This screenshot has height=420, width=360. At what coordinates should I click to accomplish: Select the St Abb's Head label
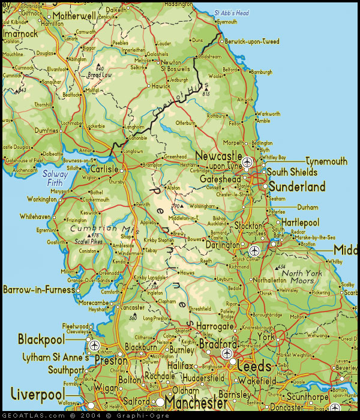point(232,13)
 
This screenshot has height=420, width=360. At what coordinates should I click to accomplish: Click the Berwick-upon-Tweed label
point(251,41)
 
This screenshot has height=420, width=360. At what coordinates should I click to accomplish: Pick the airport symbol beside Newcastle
point(247,161)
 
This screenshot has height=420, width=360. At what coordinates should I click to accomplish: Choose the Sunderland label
point(296,187)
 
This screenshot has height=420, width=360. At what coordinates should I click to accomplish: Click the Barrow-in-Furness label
point(38,290)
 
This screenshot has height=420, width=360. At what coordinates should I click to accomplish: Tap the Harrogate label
point(214,326)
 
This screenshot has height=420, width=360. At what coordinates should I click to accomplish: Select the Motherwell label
point(74,16)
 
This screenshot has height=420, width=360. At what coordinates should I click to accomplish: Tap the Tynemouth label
point(326,161)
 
